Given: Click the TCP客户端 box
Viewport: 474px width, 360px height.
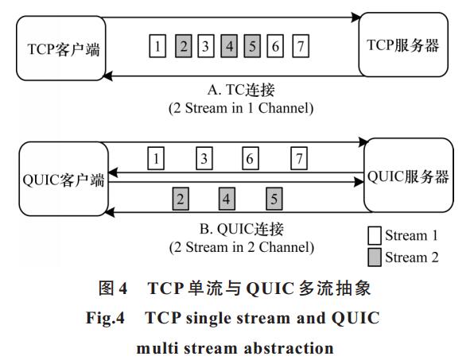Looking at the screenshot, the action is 61,48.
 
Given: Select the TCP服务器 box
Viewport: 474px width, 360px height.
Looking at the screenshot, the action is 403,45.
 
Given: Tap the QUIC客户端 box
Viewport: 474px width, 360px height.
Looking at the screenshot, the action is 64,179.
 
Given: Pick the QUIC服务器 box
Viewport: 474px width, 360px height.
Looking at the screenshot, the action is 409,175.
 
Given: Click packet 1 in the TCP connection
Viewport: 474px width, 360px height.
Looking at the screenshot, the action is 157,46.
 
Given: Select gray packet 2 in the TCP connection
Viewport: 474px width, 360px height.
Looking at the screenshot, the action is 184,46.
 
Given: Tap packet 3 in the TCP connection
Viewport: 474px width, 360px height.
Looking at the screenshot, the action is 206,46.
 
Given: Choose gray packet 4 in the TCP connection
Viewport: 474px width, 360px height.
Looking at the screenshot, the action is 229,46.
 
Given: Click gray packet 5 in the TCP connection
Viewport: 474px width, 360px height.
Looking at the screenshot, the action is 252,46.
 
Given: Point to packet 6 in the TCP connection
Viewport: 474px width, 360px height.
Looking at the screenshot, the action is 275,46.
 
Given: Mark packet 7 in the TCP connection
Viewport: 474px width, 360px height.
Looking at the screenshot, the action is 301,46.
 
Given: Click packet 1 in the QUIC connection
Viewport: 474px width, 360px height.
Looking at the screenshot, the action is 156,158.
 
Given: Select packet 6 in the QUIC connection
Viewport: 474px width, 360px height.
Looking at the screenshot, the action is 251,158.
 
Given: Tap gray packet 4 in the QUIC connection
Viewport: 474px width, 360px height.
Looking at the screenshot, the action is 227,199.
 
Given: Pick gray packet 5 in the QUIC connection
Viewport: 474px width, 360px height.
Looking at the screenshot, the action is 274,199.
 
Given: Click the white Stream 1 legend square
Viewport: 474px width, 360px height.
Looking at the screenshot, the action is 375,235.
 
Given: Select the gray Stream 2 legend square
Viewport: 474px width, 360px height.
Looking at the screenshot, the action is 375,257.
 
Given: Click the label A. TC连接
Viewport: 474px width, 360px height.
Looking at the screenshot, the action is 241,90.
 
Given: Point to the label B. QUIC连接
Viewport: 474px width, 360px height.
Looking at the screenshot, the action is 242,229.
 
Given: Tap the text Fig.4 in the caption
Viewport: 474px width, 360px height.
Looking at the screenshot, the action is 105,318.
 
